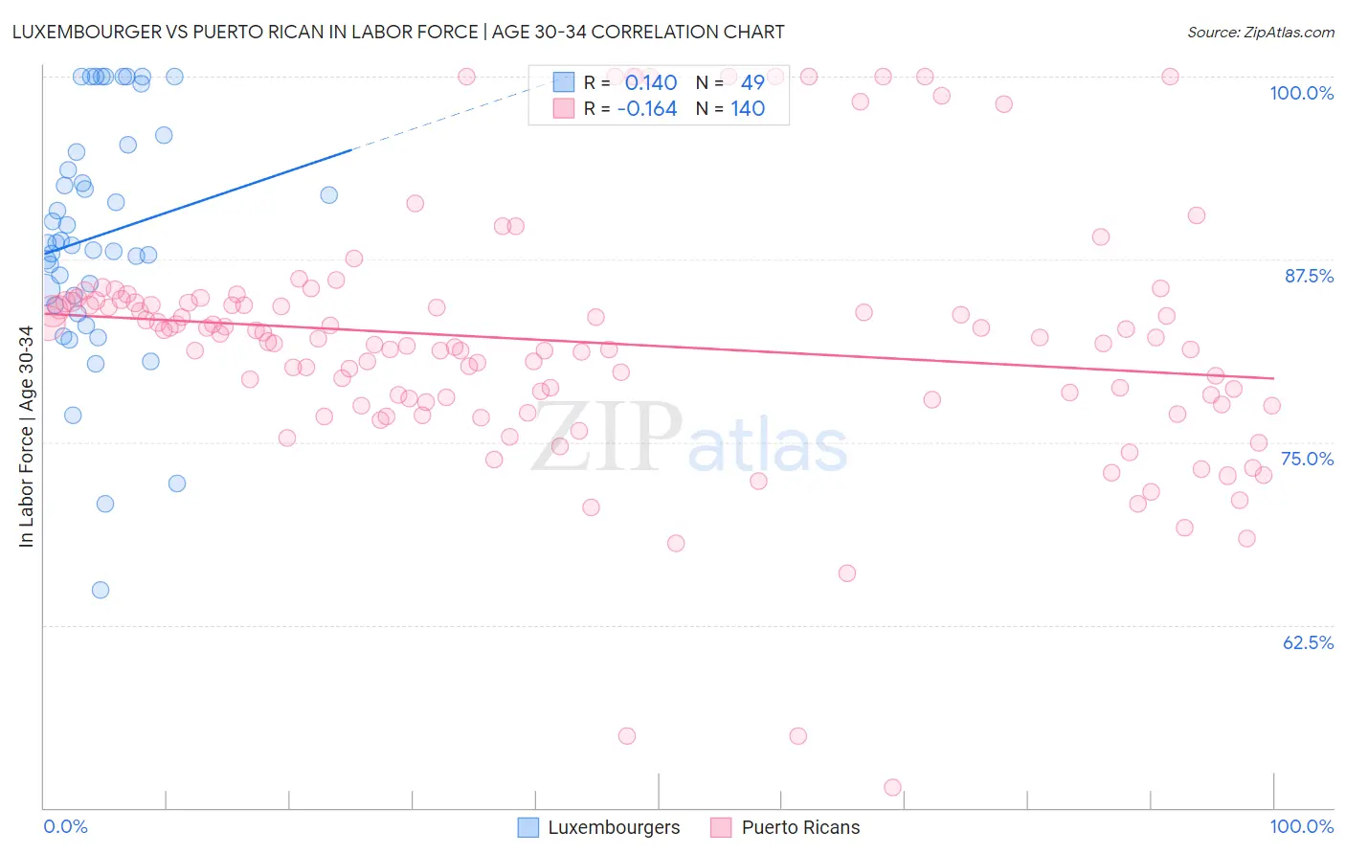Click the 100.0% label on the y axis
click(x=1301, y=93)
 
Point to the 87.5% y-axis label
click(x=1308, y=276)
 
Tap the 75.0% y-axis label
click(x=1307, y=459)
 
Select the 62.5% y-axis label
click(x=1308, y=642)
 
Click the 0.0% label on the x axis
click(x=65, y=826)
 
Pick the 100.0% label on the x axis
click(x=1301, y=826)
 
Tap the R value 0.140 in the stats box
click(x=651, y=83)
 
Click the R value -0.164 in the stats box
click(x=647, y=109)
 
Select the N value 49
click(x=752, y=83)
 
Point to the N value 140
click(x=748, y=109)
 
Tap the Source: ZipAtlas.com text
click(x=1260, y=32)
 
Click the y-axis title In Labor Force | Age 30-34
click(x=26, y=437)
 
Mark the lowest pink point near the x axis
click(x=892, y=787)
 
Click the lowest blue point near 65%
click(x=101, y=590)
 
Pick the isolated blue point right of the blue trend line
click(x=328, y=194)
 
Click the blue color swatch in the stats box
click(x=564, y=82)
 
